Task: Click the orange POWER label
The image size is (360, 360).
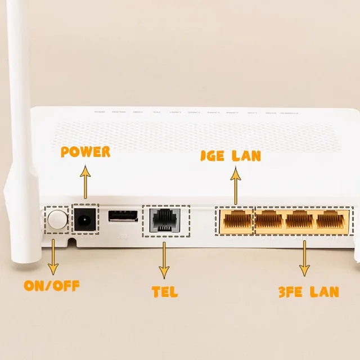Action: point(85,152)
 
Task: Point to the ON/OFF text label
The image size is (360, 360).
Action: point(51,285)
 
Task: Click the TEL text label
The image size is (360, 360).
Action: point(165,291)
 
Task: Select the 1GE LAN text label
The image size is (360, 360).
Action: point(231,156)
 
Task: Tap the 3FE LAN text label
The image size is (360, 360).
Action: point(308,291)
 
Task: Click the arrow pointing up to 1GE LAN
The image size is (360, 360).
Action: point(236,186)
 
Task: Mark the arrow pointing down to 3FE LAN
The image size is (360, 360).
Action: point(304,259)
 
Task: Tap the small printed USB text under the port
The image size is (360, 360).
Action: point(122,237)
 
